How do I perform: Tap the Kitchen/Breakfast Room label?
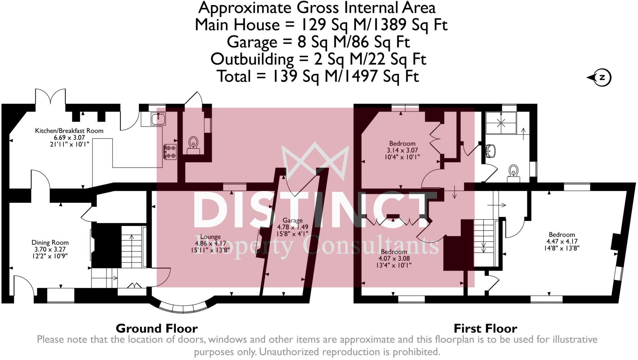tap(69, 131)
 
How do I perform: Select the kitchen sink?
tap(158, 119)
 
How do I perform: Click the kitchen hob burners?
tap(170, 152)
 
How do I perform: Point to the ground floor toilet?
tap(193, 143)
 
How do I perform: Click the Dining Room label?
tap(50, 243)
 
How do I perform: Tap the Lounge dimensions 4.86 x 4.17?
tap(211, 244)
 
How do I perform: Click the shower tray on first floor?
tap(501, 123)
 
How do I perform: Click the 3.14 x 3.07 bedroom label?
tap(402, 150)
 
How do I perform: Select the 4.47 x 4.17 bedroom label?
tap(562, 241)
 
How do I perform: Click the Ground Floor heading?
tap(157, 328)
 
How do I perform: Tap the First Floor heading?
tap(485, 328)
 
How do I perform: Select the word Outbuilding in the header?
tap(252, 59)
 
